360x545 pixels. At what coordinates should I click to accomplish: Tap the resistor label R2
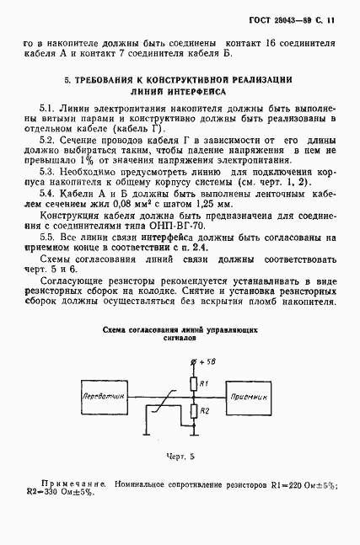(x=207, y=411)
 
